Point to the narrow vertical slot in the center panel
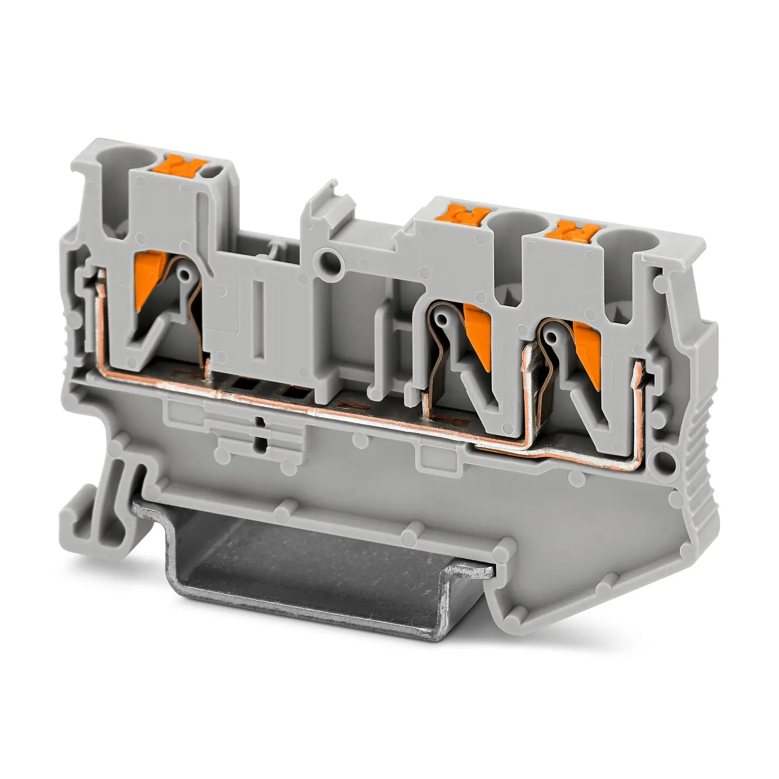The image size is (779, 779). point(258,317)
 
